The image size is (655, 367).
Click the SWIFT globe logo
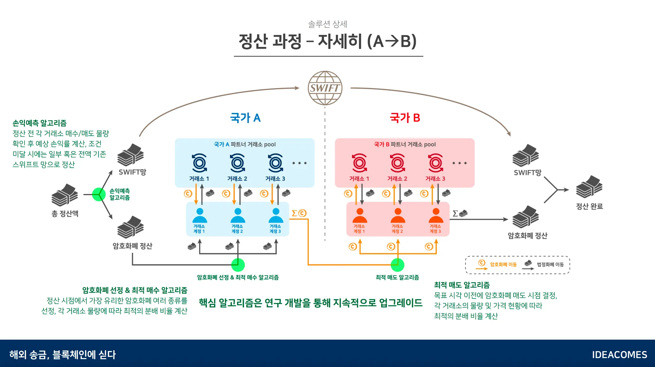pos(325,88)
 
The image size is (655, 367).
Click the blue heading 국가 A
pos(245,118)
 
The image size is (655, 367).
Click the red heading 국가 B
pos(405,118)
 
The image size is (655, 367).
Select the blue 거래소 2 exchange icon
pos(238,163)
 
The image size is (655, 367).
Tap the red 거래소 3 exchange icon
pos(436,163)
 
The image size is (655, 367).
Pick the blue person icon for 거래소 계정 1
pos(200,216)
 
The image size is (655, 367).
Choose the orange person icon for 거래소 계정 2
pos(398,216)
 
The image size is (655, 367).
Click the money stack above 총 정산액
pos(65,195)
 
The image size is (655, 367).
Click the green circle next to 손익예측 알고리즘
pos(99,194)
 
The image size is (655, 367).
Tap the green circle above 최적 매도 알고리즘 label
pos(398,265)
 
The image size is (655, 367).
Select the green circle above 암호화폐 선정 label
pos(238,265)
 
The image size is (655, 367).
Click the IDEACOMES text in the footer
pos(619,355)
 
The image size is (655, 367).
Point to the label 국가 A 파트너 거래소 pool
pos(245,144)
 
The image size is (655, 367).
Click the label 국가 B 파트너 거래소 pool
pos(405,144)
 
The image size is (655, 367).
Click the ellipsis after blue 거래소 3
pos(299,163)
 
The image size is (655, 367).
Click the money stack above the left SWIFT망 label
pos(130,155)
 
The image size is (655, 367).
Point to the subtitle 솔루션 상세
pos(327,24)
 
